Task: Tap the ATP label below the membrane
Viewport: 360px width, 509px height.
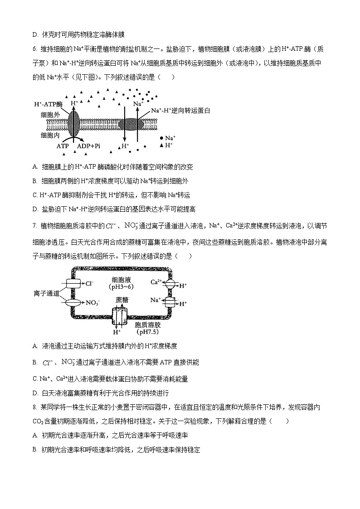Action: pyautogui.click(x=63, y=146)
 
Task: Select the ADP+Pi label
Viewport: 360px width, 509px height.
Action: pyautogui.click(x=89, y=146)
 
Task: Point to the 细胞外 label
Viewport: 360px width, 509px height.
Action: pyautogui.click(x=50, y=115)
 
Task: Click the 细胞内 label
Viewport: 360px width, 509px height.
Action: pyautogui.click(x=50, y=135)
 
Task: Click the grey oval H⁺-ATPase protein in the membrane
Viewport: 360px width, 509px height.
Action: pyautogui.click(x=74, y=121)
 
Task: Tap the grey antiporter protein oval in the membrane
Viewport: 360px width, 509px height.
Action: pyautogui.click(x=131, y=123)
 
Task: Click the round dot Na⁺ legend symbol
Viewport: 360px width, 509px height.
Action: pyautogui.click(x=162, y=138)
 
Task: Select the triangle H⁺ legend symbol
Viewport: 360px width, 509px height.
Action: pyautogui.click(x=162, y=145)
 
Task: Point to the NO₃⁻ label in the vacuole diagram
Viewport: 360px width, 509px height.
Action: pyautogui.click(x=92, y=302)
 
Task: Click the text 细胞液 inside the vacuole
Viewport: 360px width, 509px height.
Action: pyautogui.click(x=121, y=280)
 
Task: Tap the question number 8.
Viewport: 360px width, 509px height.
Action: pyautogui.click(x=34, y=408)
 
